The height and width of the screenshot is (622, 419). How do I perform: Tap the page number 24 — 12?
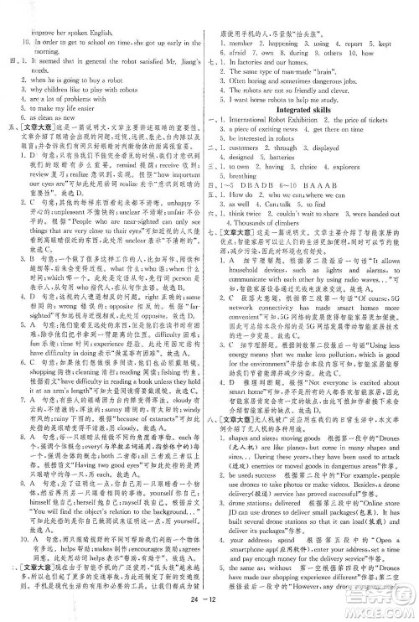point(209,609)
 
